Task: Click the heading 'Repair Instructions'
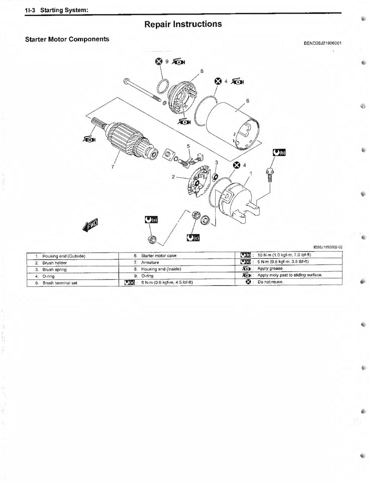(x=183, y=24)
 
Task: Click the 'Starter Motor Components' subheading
(x=67, y=39)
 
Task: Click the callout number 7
(x=113, y=167)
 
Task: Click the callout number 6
(x=247, y=100)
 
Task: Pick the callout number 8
(x=202, y=71)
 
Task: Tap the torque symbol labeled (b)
(x=279, y=153)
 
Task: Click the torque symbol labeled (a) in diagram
(x=151, y=219)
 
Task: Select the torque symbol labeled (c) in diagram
(x=193, y=237)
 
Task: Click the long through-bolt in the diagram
(x=142, y=90)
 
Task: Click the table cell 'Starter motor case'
(x=159, y=256)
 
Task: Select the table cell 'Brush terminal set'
(x=60, y=283)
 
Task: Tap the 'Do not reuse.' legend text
(x=270, y=282)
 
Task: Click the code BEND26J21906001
(x=323, y=43)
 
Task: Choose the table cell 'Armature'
(x=150, y=263)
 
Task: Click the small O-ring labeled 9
(x=163, y=87)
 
